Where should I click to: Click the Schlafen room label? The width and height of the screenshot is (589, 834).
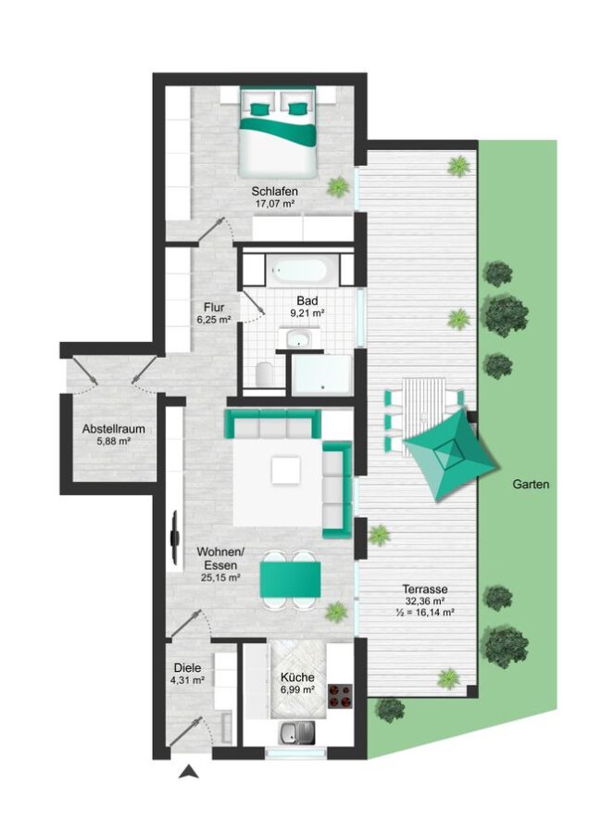click(274, 191)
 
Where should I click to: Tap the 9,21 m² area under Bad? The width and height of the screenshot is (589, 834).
click(307, 313)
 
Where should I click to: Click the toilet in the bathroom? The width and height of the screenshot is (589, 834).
click(263, 373)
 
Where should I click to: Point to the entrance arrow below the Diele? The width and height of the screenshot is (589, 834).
click(188, 772)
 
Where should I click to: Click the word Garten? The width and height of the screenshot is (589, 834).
click(531, 485)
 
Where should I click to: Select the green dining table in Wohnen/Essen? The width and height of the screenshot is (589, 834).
click(290, 579)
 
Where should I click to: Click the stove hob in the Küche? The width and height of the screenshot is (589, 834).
click(340, 696)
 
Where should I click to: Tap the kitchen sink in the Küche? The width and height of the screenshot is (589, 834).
click(296, 732)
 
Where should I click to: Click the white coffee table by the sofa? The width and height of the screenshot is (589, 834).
click(285, 471)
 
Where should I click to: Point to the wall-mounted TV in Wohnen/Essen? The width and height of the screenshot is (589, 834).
click(175, 537)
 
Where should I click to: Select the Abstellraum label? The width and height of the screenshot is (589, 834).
click(113, 429)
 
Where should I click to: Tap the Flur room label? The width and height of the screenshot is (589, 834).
click(214, 308)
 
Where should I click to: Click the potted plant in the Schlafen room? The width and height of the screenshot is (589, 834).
click(337, 186)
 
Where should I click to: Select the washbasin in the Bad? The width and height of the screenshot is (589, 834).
click(300, 338)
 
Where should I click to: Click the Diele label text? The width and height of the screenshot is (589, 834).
click(187, 667)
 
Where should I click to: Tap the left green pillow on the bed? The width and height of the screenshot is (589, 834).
click(260, 109)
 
